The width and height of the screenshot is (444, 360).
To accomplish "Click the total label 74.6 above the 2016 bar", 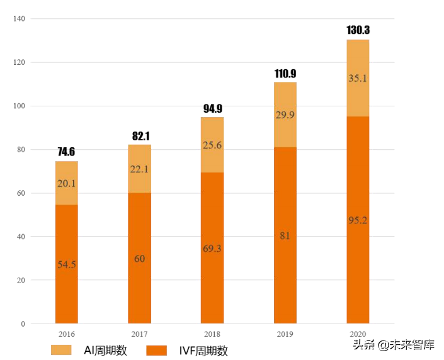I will pos(66,152).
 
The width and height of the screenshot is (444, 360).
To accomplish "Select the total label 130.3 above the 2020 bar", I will pos(358,30).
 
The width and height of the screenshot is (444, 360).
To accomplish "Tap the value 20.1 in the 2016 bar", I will pos(66,183).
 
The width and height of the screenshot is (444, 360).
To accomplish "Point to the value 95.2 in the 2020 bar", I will pos(358,220).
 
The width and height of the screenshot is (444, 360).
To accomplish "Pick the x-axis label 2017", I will pos(139,334).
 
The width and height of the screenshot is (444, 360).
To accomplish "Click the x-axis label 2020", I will pos(358,334).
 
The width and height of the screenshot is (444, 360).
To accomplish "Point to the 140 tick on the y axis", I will pos(19,19).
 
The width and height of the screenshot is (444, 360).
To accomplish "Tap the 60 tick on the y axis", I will pos(21,193).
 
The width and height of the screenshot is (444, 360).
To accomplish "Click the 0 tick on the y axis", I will pos(23,324).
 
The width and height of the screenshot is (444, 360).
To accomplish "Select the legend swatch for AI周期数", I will pos(61,350).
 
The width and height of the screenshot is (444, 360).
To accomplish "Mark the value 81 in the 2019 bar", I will pos(285,236).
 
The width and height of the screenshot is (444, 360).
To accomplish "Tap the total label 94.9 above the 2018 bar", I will pos(212,109).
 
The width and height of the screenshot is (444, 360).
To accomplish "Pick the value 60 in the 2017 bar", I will pos(139,259).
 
